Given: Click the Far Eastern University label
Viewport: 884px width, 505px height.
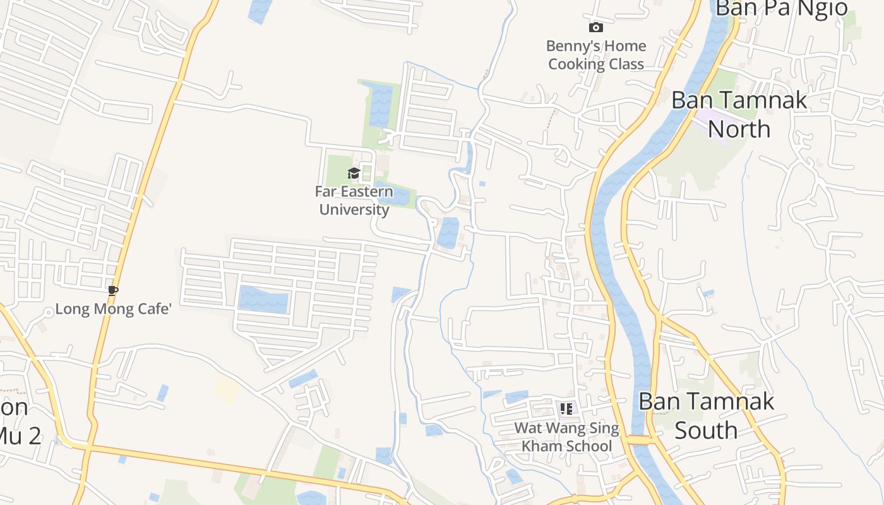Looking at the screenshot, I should (354, 200).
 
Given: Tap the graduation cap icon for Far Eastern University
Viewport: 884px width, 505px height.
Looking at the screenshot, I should (354, 173).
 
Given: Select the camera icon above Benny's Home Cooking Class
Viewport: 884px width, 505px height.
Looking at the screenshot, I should (595, 27).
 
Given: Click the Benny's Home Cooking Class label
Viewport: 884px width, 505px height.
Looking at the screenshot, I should (596, 55).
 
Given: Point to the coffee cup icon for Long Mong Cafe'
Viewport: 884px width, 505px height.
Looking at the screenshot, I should (112, 290).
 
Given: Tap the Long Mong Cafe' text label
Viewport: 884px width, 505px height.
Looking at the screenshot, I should (114, 309).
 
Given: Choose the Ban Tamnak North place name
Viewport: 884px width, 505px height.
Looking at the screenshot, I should (739, 114).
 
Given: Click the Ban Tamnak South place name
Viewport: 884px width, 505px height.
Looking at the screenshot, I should (706, 415).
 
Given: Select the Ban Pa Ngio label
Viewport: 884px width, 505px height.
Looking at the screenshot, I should (782, 9).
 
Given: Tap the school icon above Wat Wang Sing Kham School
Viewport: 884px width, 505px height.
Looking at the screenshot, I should (566, 408).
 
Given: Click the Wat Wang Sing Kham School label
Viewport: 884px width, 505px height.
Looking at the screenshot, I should (566, 437).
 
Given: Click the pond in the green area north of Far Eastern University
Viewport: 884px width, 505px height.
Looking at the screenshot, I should (380, 104).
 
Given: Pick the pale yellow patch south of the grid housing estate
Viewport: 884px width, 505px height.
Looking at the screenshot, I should (227, 388).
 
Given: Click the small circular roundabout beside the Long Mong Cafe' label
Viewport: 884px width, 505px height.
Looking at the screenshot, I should (48, 312).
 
